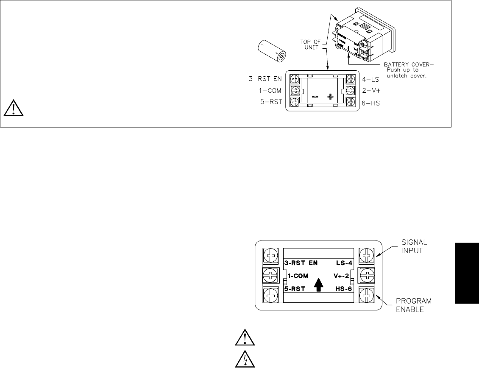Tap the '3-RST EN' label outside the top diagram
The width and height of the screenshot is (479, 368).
coord(263,78)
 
